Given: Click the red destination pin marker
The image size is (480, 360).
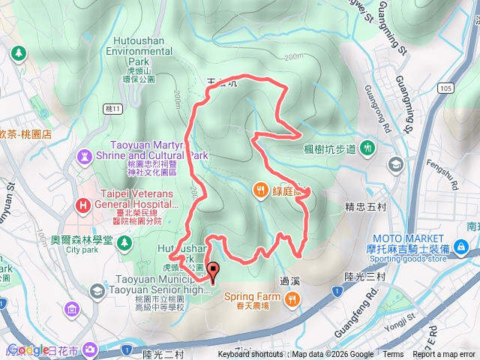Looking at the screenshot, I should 212,272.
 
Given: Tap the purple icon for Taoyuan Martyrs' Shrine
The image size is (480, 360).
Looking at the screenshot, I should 82,156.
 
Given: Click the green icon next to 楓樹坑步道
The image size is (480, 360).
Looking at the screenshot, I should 367,148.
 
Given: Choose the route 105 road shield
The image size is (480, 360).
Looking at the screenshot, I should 448,88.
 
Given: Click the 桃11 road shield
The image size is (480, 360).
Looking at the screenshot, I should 113,108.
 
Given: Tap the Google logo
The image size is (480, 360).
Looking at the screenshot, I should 28,349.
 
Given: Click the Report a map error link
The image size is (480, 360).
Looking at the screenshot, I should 445,355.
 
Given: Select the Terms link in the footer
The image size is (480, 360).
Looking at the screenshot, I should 393,355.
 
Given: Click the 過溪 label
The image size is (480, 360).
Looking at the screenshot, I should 290,282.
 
